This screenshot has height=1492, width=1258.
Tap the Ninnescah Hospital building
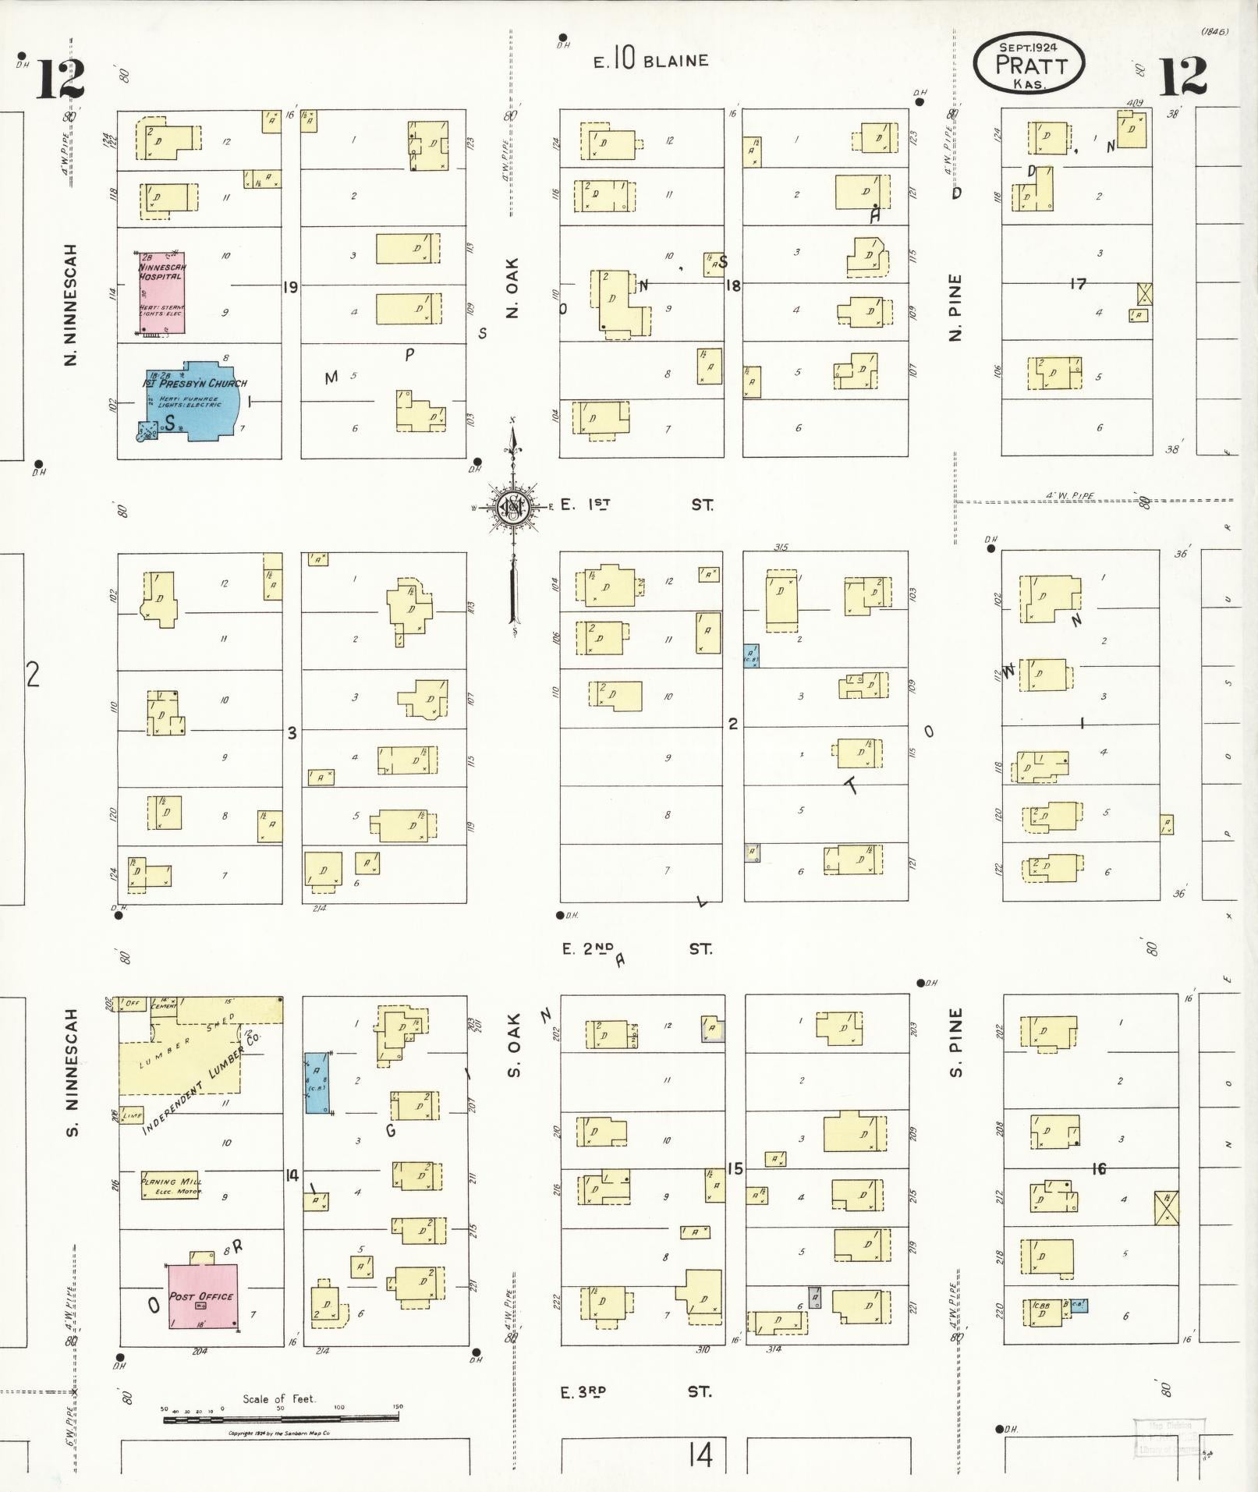162,292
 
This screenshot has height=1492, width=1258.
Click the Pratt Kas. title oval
1029,64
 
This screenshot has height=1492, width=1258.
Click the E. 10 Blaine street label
650,61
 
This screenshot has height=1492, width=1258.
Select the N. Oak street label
512,288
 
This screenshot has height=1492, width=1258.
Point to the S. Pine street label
957,1042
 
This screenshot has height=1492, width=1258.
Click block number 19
290,288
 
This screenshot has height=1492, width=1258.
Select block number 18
733,285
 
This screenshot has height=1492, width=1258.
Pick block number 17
1078,285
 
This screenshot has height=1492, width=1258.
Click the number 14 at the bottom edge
700,1455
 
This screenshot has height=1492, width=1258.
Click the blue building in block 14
317,1083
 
